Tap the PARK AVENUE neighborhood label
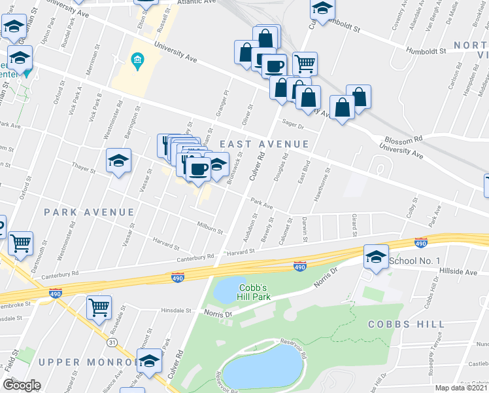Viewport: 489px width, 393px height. tap(89, 212)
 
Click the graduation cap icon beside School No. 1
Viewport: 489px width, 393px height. tap(377, 256)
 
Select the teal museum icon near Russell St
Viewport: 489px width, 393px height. tap(137, 62)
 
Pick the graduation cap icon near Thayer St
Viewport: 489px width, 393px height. tap(118, 160)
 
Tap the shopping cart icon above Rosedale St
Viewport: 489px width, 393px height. tap(99, 307)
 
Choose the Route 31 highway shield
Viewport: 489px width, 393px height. tap(112, 343)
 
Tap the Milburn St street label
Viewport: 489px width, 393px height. tap(211, 231)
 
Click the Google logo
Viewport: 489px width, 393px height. tap(21, 385)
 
